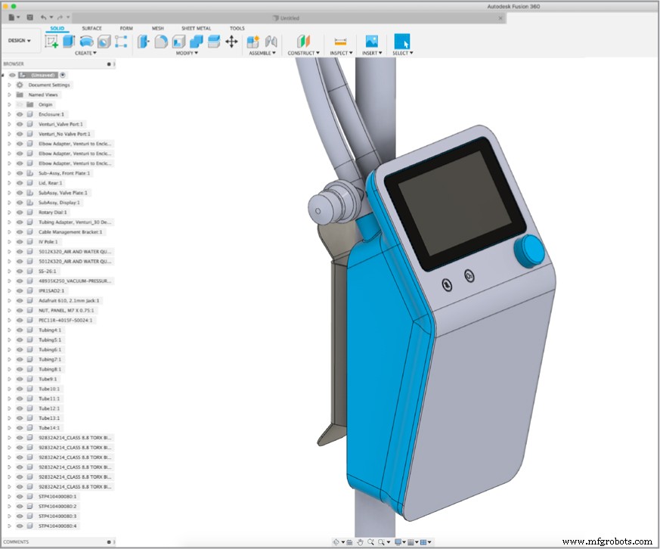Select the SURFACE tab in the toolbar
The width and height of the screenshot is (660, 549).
[x=91, y=28]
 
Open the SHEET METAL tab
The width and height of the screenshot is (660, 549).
[x=196, y=28]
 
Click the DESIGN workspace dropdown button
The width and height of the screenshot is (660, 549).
[x=19, y=41]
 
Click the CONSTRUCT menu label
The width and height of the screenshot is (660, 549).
[x=302, y=53]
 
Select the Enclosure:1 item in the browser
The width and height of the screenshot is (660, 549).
[x=51, y=114]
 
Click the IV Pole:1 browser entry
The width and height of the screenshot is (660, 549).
[x=49, y=241]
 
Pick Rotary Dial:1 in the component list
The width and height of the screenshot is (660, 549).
[x=53, y=212]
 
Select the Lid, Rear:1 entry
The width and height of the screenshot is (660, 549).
[x=51, y=183]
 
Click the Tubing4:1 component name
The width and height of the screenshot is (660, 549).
[x=50, y=330]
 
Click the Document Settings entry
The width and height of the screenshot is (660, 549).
[x=49, y=85]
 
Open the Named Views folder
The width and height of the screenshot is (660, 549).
[x=43, y=95]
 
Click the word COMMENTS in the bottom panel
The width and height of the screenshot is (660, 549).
[x=17, y=542]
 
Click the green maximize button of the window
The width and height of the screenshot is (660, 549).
[x=14, y=6]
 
